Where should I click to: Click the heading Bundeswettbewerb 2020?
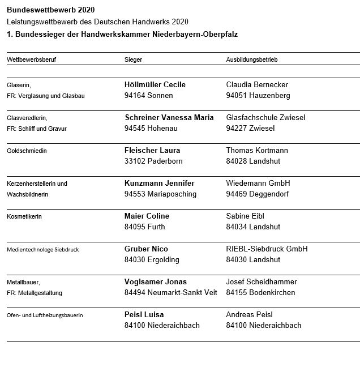(51, 10)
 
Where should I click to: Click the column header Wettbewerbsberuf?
(31, 59)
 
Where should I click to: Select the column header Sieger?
(133, 59)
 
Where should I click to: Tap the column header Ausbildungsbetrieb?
(251, 59)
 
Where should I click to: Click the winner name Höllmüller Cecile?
(155, 84)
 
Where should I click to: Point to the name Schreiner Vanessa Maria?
(169, 117)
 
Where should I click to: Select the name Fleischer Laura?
(152, 150)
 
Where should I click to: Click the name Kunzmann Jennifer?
(159, 183)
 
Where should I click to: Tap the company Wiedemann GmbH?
(258, 183)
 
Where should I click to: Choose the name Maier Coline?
(147, 216)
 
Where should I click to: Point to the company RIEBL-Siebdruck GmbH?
(267, 249)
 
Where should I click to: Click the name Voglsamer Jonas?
(155, 281)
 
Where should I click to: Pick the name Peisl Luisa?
(144, 314)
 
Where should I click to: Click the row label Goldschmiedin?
(26, 151)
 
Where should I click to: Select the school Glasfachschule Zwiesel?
(265, 117)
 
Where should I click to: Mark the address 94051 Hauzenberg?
(258, 95)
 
